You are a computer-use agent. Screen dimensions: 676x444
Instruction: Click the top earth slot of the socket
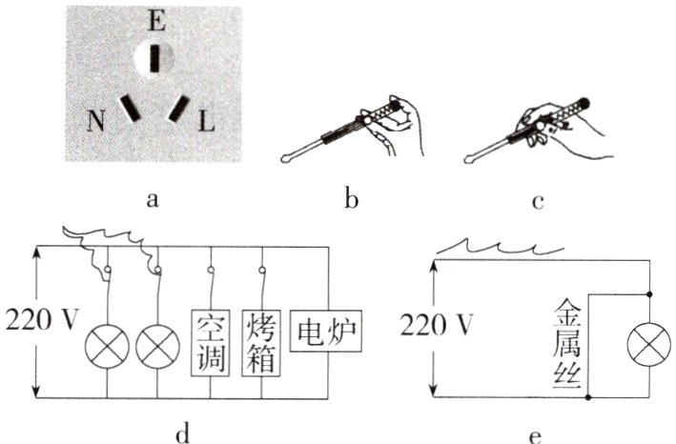(x=159, y=58)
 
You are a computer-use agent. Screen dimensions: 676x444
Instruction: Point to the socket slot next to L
(x=177, y=110)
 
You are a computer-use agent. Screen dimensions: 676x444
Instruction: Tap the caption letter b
(x=351, y=199)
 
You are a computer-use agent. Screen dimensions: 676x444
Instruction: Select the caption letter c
(x=538, y=199)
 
